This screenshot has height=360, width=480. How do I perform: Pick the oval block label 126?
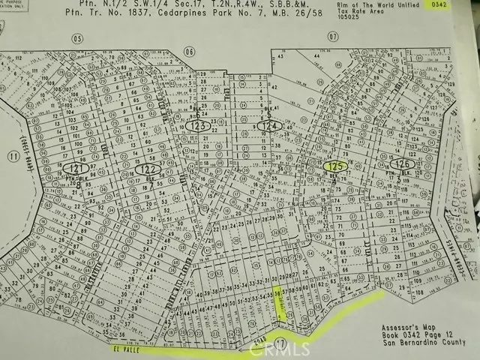[x=403, y=163]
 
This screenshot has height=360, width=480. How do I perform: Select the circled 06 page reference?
[x=190, y=51]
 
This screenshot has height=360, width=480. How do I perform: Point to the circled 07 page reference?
[x=333, y=36]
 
